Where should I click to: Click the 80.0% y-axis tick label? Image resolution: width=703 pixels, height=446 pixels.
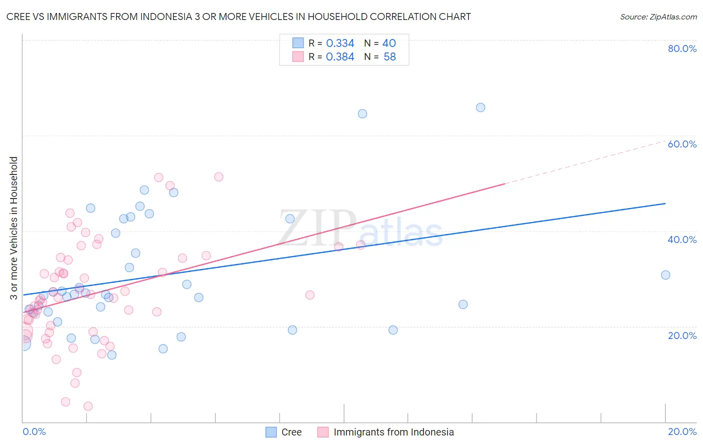point(682,48)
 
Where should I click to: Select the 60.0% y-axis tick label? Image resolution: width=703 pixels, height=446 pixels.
point(682,144)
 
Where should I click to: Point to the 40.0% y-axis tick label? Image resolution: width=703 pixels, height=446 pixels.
point(682,239)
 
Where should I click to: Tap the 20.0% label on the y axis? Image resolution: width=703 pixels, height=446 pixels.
point(682,335)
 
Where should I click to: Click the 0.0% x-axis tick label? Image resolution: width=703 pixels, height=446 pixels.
point(34,431)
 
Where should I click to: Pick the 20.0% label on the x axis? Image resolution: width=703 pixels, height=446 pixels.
point(682,431)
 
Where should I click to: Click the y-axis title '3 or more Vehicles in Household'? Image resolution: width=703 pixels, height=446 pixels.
point(13,228)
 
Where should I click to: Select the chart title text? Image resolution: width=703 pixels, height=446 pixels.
point(238,16)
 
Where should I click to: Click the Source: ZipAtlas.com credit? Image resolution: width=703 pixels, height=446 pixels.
point(658,16)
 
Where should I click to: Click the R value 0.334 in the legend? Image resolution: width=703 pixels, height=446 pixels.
point(340,43)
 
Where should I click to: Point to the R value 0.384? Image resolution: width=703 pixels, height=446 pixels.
point(340,57)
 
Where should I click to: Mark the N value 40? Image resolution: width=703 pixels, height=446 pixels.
point(389,43)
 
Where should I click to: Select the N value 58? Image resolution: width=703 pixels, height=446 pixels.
point(389,57)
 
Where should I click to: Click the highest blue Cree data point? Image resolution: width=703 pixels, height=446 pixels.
point(480,107)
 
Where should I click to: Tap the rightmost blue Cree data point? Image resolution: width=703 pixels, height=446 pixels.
point(665,275)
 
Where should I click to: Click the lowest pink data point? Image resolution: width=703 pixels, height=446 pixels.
point(88,406)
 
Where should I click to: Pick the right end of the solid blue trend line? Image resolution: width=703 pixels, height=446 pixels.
point(665,203)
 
